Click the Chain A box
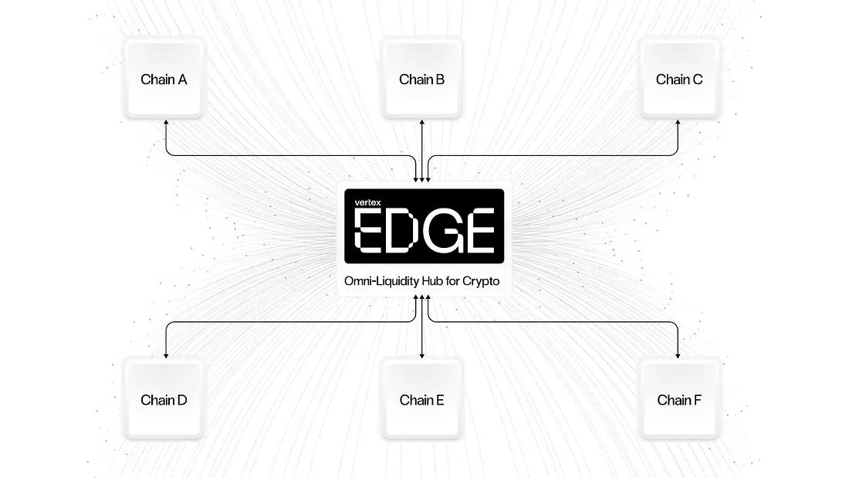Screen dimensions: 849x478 pos(164,79)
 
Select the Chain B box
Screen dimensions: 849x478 pos(421,79)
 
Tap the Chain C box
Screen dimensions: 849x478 pos(679,79)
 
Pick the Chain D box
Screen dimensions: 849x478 pos(164,399)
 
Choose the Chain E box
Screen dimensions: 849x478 pos(421,399)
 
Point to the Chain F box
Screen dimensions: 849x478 pos(679,399)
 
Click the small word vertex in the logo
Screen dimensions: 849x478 pos(367,202)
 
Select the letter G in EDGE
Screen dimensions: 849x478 pos(442,231)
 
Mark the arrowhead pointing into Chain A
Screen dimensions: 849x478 pos(166,123)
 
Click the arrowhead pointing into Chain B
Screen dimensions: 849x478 pos(421,123)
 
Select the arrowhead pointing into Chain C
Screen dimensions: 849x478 pos(678,123)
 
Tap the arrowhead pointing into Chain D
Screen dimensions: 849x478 pos(166,355)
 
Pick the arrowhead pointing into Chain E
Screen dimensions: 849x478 pos(421,355)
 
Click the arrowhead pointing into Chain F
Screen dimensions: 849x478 pos(678,355)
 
